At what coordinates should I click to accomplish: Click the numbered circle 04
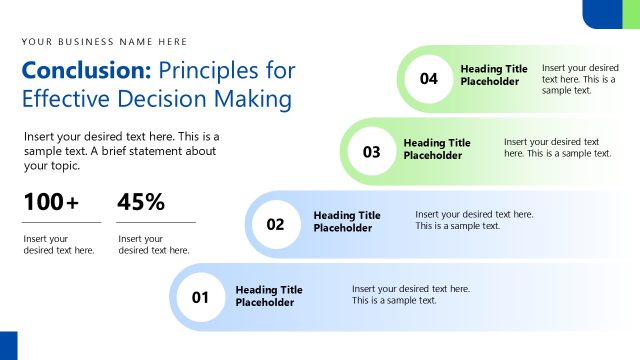(430, 78)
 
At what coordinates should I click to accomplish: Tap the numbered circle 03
(372, 152)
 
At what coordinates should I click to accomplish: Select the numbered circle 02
(276, 224)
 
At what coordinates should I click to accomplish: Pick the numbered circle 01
(200, 297)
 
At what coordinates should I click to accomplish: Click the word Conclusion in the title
(86, 71)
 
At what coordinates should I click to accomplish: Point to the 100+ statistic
(51, 202)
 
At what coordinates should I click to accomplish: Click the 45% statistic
(141, 202)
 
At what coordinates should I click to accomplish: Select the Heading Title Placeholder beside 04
(494, 75)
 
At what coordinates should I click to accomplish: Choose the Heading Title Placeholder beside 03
(437, 149)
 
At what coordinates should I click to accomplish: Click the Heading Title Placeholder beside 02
(347, 221)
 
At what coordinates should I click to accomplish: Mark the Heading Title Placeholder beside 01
(269, 295)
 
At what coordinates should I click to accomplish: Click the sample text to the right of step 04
(580, 78)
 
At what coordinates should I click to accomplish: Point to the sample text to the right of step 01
(411, 294)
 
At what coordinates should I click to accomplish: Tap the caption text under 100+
(59, 244)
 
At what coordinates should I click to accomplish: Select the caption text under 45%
(153, 244)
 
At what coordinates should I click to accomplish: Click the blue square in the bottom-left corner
(9, 345)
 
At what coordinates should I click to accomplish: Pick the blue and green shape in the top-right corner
(611, 13)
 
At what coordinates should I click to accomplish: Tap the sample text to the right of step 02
(474, 220)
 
